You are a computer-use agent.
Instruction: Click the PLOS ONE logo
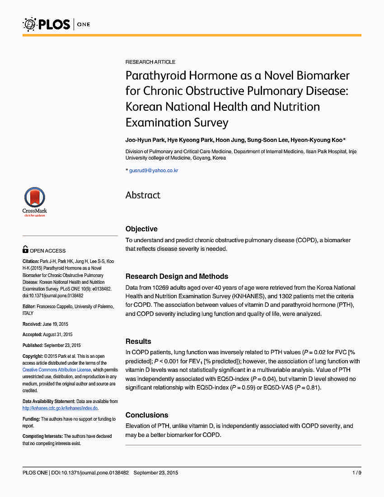point(56,24)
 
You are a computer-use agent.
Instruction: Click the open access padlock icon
point(25,249)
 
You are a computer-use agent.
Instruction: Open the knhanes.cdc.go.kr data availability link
point(60,408)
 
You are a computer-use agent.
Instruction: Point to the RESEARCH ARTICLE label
point(150,62)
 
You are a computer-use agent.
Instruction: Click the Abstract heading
point(143,195)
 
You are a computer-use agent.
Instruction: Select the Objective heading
point(141,229)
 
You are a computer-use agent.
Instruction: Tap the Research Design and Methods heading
point(177,277)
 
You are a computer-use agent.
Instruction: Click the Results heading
point(138,342)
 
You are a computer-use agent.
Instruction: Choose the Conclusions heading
point(147,415)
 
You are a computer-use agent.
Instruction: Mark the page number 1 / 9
point(356,473)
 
